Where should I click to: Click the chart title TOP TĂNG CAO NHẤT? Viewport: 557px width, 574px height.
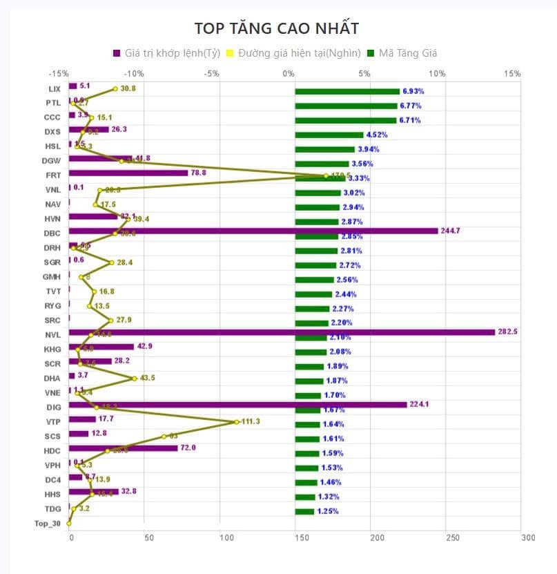point(276,28)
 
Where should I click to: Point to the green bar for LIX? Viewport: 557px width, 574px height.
point(347,91)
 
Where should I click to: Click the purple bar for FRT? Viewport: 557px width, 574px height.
point(128,173)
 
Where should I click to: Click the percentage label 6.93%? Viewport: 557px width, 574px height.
point(412,91)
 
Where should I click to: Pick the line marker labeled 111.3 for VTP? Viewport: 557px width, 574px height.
point(237,421)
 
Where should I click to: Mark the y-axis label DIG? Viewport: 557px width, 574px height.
point(55,407)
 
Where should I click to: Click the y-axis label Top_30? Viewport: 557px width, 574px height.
point(48,523)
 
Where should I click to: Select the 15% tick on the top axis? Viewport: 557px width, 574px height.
point(511,73)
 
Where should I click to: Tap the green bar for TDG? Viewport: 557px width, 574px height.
point(304,512)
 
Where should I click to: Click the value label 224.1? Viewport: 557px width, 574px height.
point(418,405)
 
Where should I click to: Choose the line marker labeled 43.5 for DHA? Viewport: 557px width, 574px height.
point(134,379)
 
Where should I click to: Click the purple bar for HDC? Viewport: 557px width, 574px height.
point(124,448)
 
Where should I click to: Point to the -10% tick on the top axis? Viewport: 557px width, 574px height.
point(134,73)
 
